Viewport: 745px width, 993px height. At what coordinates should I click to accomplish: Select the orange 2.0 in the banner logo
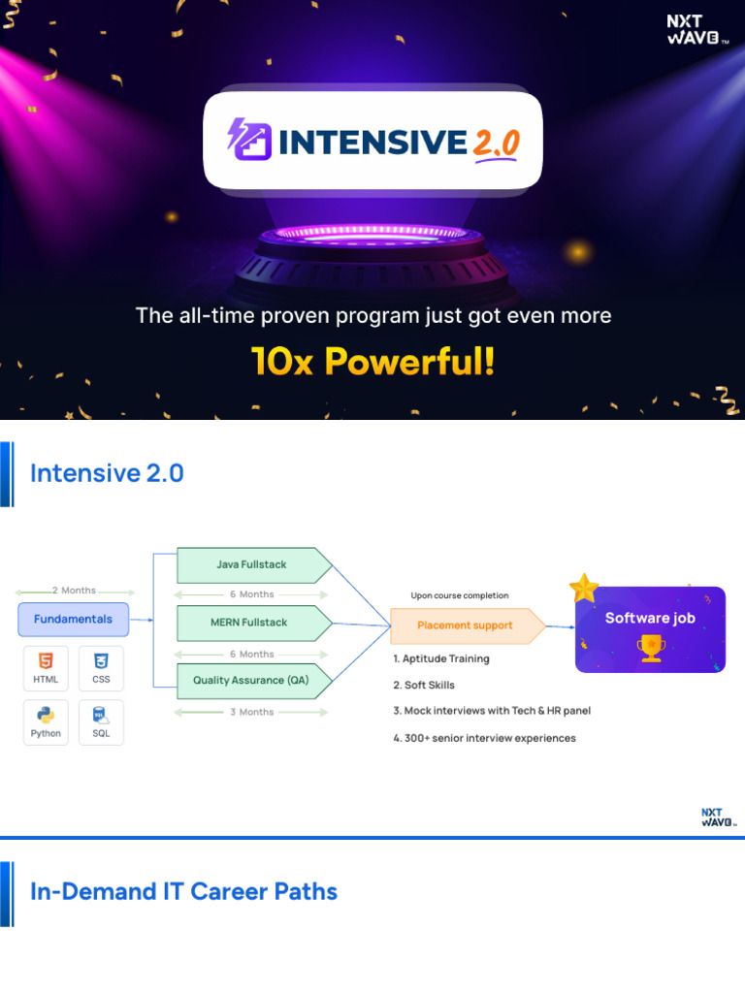(496, 144)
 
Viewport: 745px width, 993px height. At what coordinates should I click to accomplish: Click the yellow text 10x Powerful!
(372, 362)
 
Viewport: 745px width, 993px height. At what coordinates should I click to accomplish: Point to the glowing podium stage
(372, 257)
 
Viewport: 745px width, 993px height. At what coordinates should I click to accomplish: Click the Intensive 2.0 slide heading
(107, 473)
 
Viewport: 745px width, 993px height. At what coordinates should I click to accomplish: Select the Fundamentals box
(73, 619)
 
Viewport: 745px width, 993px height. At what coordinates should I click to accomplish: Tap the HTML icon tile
(46, 668)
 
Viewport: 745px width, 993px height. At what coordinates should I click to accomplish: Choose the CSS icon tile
(101, 668)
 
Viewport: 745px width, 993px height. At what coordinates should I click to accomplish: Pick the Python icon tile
(46, 722)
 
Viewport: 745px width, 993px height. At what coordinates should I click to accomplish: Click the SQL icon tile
(101, 722)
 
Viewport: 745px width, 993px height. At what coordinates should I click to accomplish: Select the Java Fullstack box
(251, 564)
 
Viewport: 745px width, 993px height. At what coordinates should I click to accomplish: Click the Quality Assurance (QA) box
(251, 681)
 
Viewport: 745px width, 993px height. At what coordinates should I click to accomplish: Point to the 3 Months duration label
(251, 712)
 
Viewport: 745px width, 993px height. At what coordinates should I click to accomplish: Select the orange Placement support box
(465, 625)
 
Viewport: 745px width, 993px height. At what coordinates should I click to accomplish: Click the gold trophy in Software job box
(650, 647)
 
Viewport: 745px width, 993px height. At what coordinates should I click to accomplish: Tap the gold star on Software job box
(584, 588)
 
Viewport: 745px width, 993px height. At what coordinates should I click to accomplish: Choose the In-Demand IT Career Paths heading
(184, 891)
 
